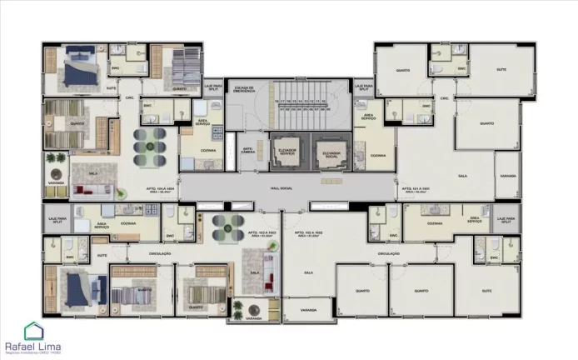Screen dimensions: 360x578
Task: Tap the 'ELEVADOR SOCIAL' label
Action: click(x=330, y=152)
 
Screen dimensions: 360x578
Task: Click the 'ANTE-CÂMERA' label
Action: click(x=248, y=152)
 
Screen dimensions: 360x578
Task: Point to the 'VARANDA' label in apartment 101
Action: click(x=507, y=177)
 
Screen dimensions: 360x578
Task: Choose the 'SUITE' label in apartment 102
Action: click(x=486, y=290)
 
